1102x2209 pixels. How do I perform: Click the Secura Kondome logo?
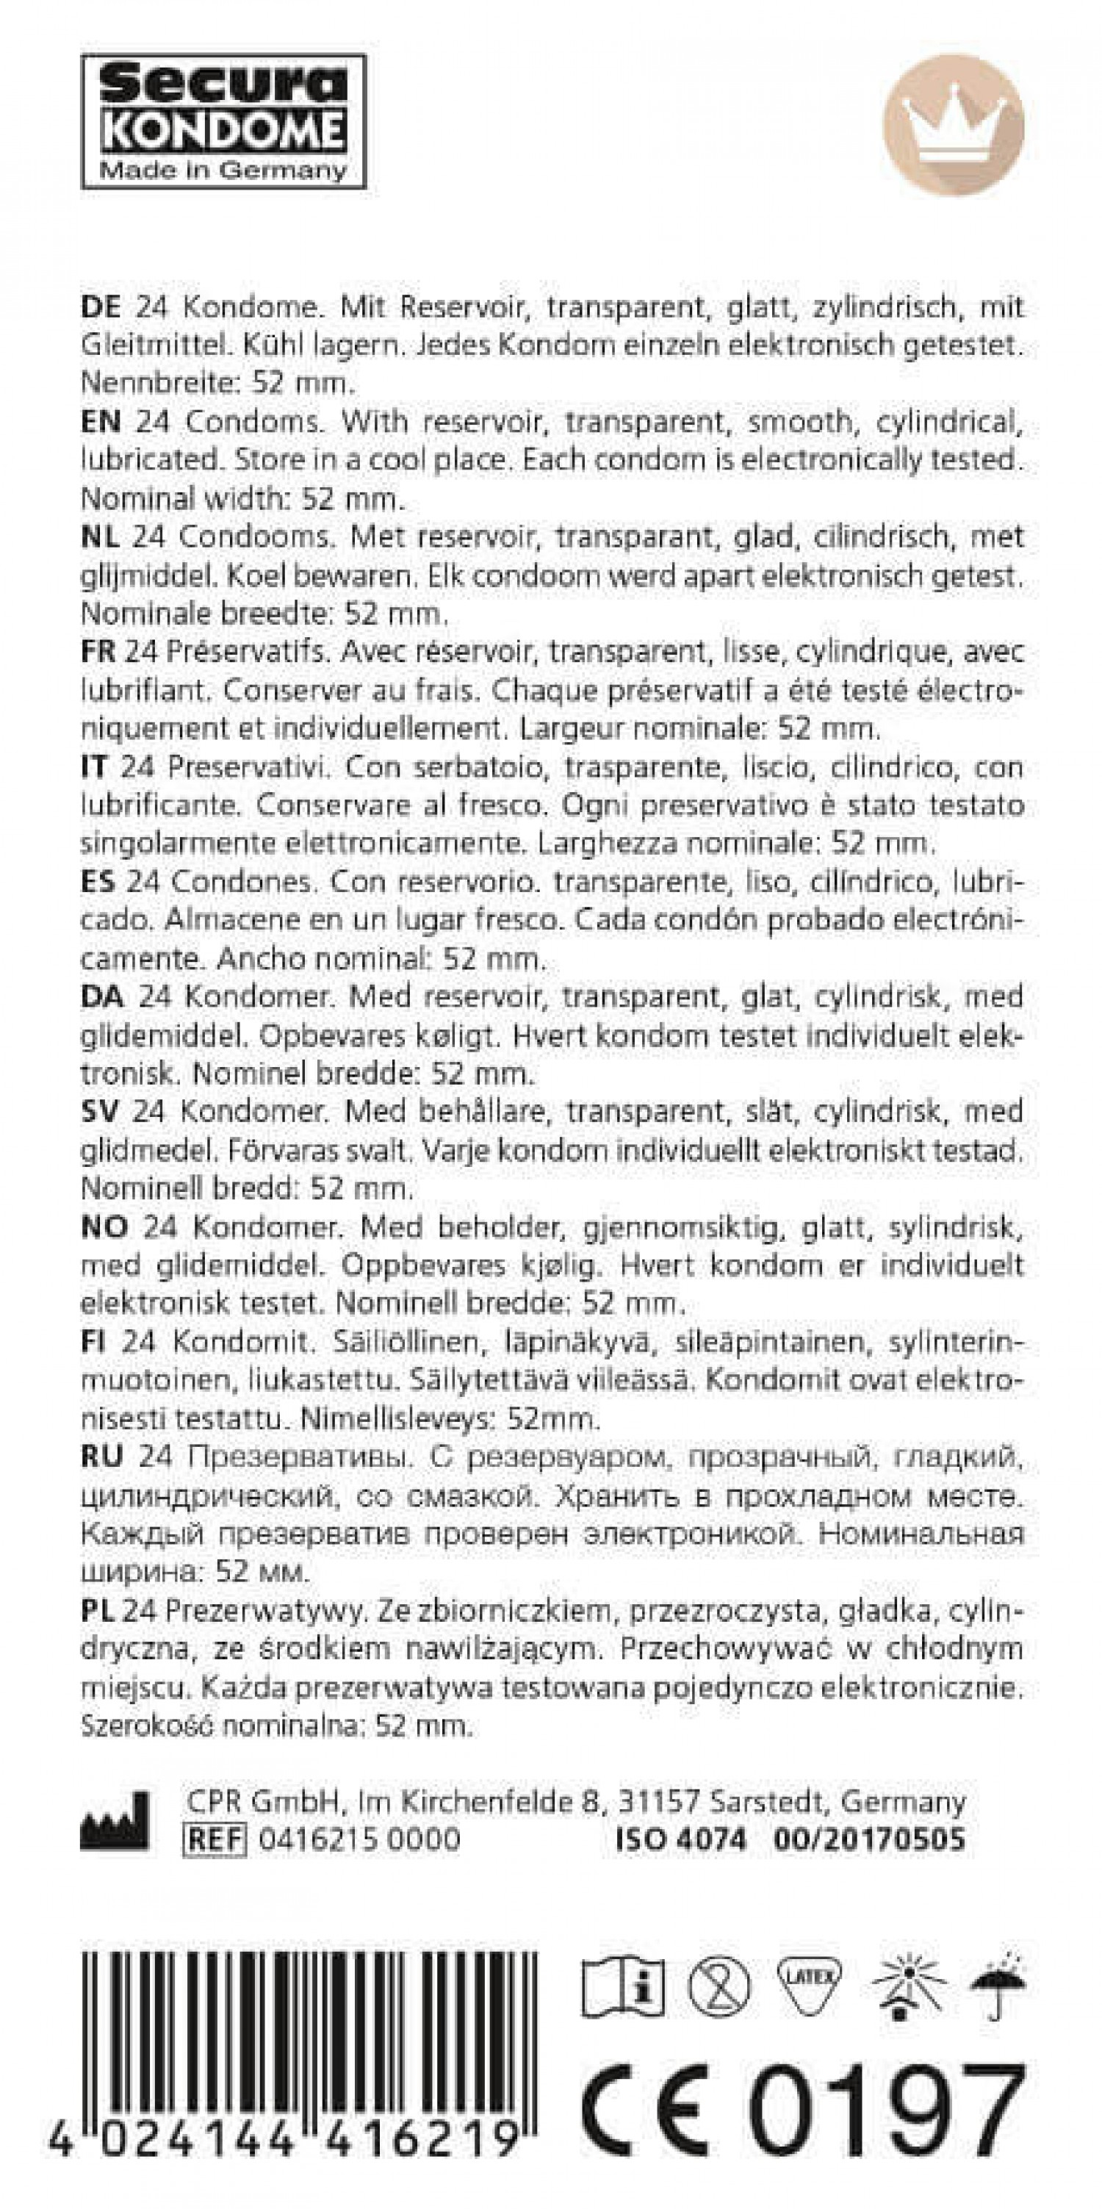pyautogui.click(x=223, y=121)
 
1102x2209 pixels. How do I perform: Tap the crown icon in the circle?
pyautogui.click(x=954, y=125)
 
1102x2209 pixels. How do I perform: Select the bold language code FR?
pyautogui.click(x=98, y=652)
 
